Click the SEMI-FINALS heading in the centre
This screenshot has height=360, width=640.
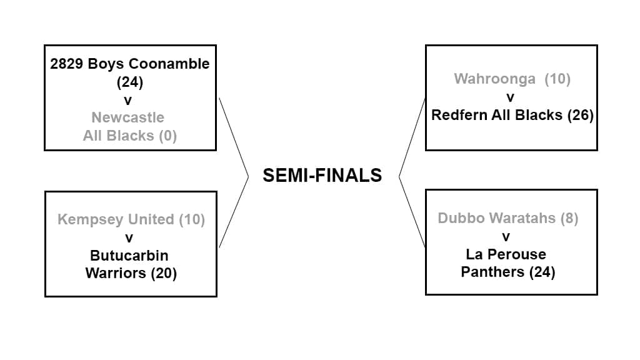tap(322, 176)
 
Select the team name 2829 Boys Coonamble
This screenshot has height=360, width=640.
tap(130, 64)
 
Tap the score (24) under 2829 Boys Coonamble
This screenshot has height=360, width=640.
tap(130, 82)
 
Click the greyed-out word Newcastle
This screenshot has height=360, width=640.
tap(128, 117)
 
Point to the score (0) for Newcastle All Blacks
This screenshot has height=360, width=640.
tap(167, 136)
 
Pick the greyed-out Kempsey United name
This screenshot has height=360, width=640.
tap(116, 219)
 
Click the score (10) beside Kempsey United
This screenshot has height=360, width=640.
tap(192, 219)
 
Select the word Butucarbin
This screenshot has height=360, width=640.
tap(129, 255)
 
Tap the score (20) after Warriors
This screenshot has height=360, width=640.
tap(164, 273)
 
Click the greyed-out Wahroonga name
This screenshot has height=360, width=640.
tap(495, 79)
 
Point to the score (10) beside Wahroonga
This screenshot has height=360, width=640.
tap(557, 79)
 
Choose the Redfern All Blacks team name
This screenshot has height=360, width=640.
tap(497, 115)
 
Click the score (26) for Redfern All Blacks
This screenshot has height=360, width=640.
tap(580, 115)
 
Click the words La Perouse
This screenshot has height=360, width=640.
tap(506, 254)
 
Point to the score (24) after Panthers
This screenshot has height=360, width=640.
tap(542, 272)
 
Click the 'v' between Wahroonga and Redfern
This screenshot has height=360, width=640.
tap(511, 97)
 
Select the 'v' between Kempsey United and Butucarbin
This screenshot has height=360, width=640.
tap(129, 237)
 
